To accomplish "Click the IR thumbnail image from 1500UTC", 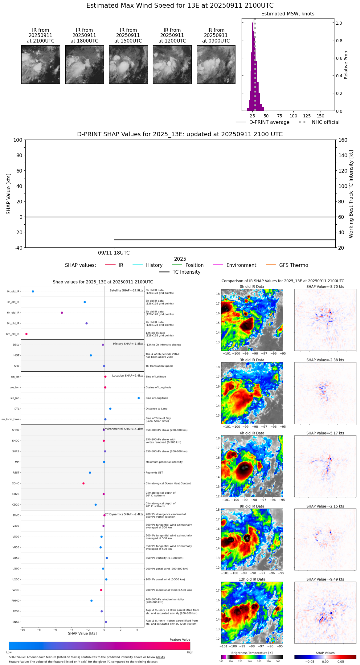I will [128, 64].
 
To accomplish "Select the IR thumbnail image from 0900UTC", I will [216, 64].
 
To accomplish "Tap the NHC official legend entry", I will [325, 122].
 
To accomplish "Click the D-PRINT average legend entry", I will [269, 122].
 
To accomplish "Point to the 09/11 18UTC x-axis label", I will [114, 253].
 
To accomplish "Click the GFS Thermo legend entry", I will [293, 265].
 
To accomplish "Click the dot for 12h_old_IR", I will [27, 334].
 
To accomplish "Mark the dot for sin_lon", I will [139, 398].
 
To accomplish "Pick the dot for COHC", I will [84, 483].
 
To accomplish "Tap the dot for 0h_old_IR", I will [33, 292].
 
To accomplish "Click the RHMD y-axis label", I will [15, 601].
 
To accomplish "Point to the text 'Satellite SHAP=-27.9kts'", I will [126, 291].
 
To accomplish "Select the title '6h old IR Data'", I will [252, 433].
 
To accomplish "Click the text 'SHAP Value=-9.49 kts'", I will [325, 579].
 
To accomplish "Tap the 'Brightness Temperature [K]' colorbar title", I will [252, 653].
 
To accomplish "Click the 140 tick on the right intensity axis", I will [343, 155].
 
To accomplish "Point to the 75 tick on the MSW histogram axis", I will [280, 116].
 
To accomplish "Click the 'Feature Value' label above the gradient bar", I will [180, 640].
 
